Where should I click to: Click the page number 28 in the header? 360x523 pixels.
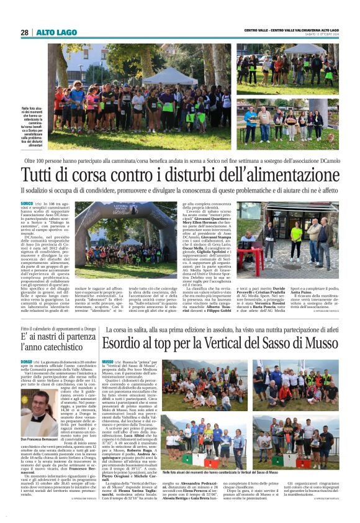pos(24,32)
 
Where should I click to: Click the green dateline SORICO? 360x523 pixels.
pos(27,203)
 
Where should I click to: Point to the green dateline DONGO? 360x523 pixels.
pos(27,361)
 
